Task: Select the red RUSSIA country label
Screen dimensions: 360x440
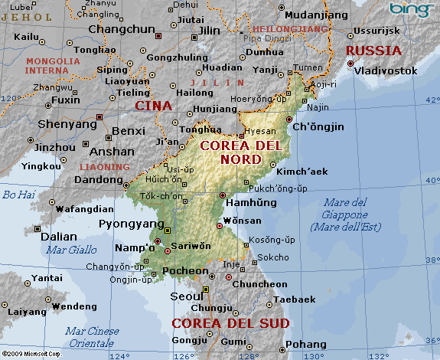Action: point(373,51)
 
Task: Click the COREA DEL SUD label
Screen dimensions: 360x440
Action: point(230,323)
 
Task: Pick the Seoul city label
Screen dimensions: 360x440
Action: point(187,296)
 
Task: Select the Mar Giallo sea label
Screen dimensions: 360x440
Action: point(71,250)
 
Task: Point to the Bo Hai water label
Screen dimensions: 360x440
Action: point(15,195)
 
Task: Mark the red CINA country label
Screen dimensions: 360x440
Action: point(153,106)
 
